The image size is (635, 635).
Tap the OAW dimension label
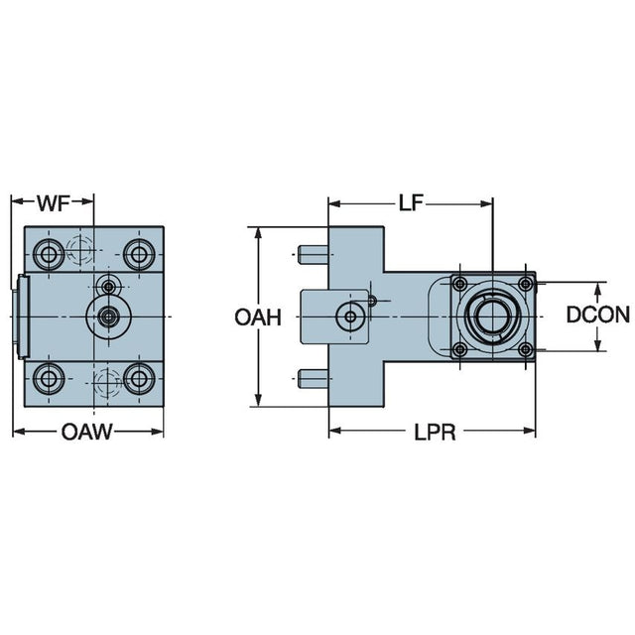86,432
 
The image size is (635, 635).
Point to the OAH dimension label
259,317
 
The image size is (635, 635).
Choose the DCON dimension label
598,317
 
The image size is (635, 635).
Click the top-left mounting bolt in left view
49,255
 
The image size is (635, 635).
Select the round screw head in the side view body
349,317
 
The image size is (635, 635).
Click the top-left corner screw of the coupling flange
458,285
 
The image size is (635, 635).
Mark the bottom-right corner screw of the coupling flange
526,350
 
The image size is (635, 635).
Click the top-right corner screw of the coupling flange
526,285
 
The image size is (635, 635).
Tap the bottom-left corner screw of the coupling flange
458,350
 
